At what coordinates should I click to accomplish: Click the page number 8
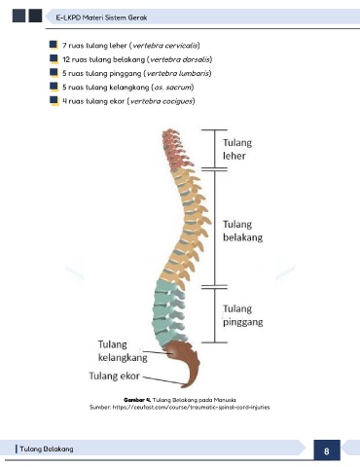coord(327,451)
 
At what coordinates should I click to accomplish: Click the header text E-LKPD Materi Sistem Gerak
coord(101,18)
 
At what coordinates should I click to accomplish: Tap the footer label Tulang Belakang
coord(47,449)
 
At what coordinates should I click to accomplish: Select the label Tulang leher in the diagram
coord(237,149)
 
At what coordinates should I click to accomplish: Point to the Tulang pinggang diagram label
coord(243,315)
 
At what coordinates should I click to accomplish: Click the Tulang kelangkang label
coord(123,350)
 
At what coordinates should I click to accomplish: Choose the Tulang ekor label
coord(114,376)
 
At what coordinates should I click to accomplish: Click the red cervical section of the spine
coord(177,148)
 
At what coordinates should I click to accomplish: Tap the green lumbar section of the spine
coord(169,311)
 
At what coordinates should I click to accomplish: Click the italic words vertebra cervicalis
coord(164,46)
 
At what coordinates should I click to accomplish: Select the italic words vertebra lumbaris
coord(178,73)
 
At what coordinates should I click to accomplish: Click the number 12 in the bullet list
coord(66,59)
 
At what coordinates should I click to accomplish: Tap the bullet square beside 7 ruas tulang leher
coord(54,45)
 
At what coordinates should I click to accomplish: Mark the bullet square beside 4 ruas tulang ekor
coord(54,100)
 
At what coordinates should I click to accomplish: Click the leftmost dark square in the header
coord(18,16)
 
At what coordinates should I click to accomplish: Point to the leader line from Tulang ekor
coord(163,380)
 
